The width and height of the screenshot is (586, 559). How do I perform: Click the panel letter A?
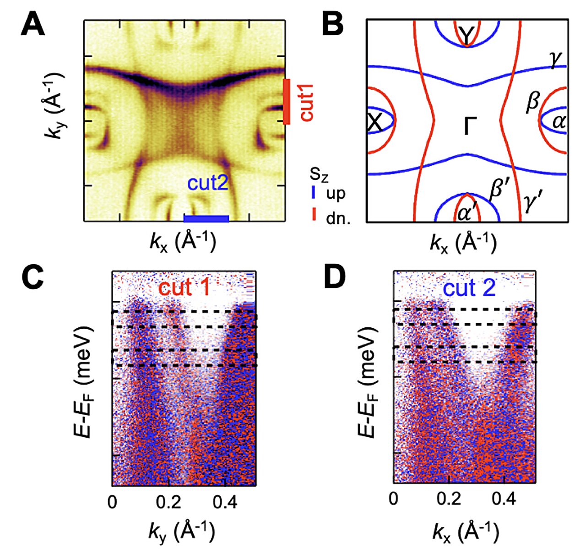click(33, 25)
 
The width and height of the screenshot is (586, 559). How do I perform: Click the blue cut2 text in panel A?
click(207, 184)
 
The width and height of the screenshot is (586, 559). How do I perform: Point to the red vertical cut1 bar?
click(287, 102)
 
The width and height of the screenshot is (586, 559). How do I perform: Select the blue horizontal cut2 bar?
click(206, 219)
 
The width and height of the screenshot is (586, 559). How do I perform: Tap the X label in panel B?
click(375, 122)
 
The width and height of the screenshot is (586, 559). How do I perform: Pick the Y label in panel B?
click(467, 36)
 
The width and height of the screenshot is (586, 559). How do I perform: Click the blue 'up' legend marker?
click(313, 193)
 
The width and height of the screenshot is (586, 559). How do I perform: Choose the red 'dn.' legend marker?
click(313, 214)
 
